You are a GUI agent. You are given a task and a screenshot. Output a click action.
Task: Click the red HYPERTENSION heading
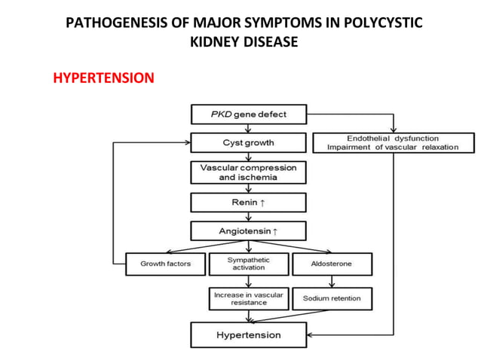103,78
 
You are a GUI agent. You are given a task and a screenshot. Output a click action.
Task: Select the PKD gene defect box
248,114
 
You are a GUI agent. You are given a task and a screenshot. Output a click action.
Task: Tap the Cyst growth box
248,142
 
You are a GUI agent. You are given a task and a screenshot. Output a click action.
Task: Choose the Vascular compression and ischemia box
248,172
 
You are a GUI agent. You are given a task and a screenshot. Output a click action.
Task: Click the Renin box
248,203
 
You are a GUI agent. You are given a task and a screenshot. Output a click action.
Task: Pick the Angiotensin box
248,230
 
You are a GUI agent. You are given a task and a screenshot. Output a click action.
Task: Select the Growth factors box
165,264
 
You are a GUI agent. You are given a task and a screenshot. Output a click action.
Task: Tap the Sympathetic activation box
248,264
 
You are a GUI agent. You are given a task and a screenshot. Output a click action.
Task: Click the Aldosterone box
331,264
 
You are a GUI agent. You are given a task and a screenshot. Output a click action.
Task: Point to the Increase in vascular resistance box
248,298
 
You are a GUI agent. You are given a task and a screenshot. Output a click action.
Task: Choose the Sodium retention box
332,298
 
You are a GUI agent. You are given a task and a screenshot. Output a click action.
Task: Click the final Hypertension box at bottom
248,334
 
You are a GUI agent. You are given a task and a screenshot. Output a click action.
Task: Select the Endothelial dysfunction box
392,142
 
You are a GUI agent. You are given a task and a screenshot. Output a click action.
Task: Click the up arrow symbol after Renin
262,203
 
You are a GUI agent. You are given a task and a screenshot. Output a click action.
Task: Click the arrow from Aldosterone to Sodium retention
331,281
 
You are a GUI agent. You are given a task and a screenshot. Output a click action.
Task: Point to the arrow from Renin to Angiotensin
248,216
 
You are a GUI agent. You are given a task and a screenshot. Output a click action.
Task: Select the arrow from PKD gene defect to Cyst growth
248,128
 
